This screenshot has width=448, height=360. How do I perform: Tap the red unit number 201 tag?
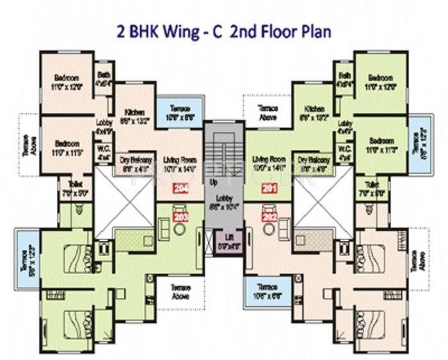click(x=269, y=188)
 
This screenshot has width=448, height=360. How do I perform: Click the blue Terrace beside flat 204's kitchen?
click(x=179, y=113)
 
